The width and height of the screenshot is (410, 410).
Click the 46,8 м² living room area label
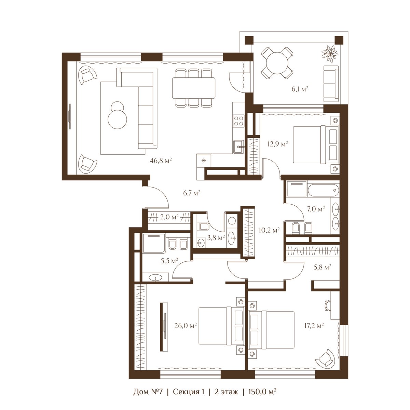pyautogui.click(x=161, y=161)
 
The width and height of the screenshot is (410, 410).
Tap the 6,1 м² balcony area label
pyautogui.click(x=300, y=89)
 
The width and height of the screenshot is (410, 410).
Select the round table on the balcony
pyautogui.click(x=277, y=63)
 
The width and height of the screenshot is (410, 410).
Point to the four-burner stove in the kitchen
pyautogui.click(x=238, y=121)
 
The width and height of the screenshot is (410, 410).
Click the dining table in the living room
pyautogui.click(x=194, y=88)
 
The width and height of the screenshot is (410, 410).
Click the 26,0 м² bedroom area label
pyautogui.click(x=185, y=325)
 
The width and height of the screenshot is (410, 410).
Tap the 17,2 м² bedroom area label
pyautogui.click(x=314, y=325)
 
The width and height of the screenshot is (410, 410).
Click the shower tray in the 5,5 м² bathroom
pyautogui.click(x=154, y=243)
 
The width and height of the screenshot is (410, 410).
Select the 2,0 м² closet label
pyautogui.click(x=169, y=217)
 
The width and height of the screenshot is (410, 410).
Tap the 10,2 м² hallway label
pyautogui.click(x=269, y=230)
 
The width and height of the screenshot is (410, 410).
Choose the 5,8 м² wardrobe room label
pyautogui.click(x=322, y=267)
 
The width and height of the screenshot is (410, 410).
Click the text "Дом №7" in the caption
pyautogui.click(x=148, y=392)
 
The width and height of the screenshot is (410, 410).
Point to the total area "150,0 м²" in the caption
pyautogui.click(x=262, y=391)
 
